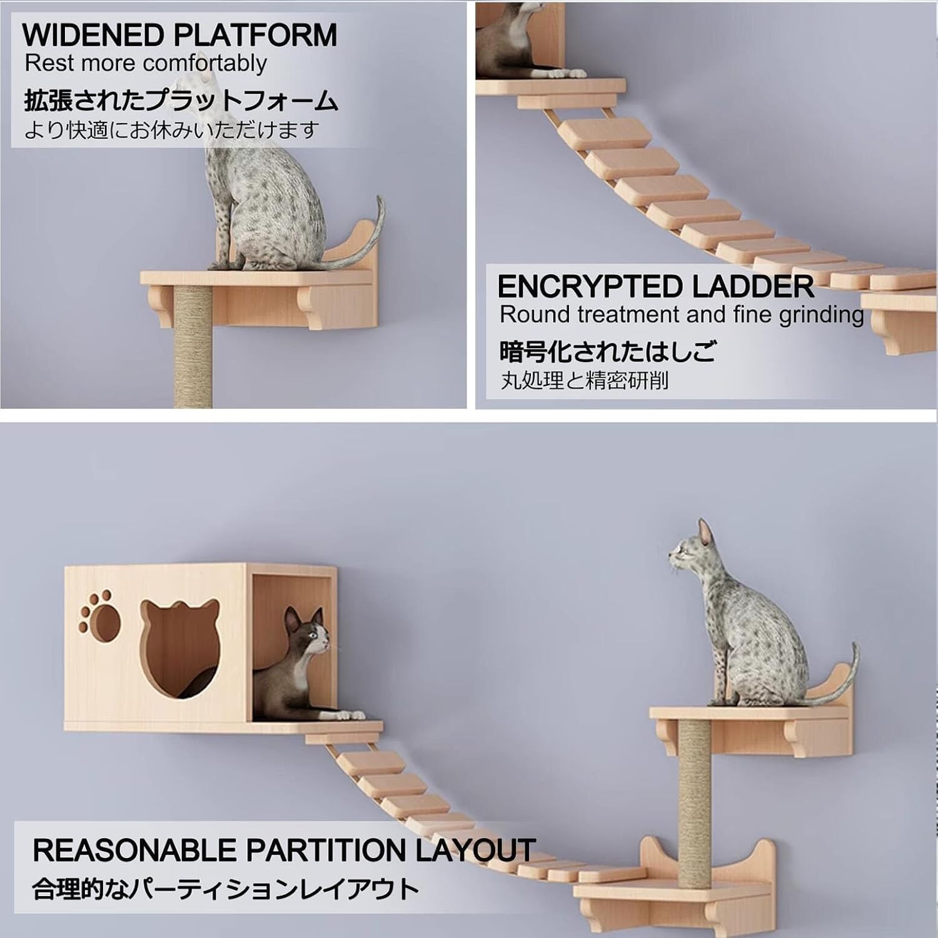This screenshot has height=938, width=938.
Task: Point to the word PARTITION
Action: point(326,850)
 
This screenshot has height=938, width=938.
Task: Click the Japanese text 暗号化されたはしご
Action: point(607,351)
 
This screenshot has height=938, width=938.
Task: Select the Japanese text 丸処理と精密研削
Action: point(584,380)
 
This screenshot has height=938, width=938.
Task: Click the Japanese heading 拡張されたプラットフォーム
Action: point(181,101)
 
